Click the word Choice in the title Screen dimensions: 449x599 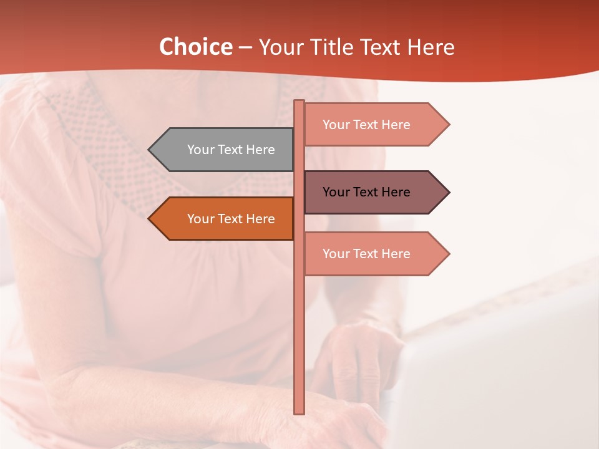click(195, 47)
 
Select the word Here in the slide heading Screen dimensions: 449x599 click(431, 47)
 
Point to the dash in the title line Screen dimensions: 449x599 click(245, 48)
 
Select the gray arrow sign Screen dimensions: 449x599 click(225, 150)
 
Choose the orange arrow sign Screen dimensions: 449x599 click(225, 219)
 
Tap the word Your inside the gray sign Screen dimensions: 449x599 click(201, 150)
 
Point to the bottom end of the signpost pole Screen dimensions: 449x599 click(299, 412)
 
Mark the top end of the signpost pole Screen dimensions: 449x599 click(299, 102)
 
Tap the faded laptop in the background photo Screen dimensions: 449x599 click(499, 374)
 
